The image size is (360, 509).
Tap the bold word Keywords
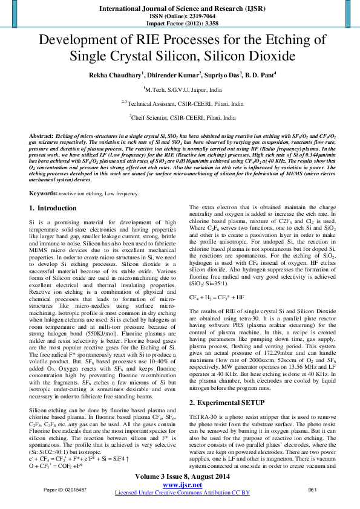[x=43, y=192]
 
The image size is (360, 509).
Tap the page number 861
[x=313, y=488]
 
